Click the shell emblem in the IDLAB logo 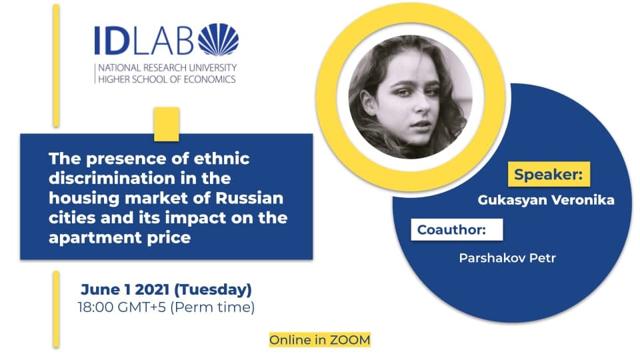(x=219, y=39)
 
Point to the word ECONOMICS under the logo (x=209, y=79)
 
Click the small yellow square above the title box (x=167, y=124)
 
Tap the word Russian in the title (x=249, y=198)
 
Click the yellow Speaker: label (x=549, y=174)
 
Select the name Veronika (x=583, y=200)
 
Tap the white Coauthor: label (x=457, y=230)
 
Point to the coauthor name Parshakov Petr (x=507, y=258)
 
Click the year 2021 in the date (x=152, y=289)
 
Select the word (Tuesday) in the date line (x=213, y=290)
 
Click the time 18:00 (x=95, y=307)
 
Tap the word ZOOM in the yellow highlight (x=350, y=339)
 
